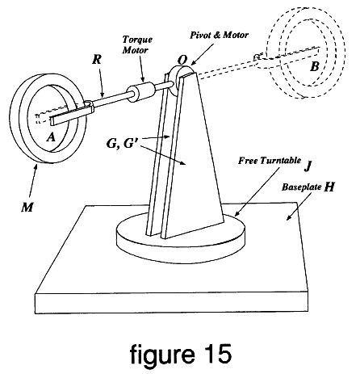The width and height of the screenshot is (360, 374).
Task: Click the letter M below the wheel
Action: point(27,208)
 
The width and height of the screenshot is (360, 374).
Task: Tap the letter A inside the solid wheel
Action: point(51,137)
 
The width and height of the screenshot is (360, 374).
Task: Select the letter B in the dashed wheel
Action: point(314,66)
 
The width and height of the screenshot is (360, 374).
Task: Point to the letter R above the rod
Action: point(97,60)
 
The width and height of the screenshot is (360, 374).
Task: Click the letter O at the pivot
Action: point(182,60)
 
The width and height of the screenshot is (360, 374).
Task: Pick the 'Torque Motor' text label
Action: point(137,45)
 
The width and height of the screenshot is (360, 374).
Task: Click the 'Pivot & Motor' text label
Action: point(219,35)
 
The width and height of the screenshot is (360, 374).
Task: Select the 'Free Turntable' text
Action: point(270,161)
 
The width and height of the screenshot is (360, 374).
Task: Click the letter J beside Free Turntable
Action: point(308,166)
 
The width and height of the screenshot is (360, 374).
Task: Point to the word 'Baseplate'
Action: point(302,187)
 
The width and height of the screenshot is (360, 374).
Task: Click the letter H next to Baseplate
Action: point(329,187)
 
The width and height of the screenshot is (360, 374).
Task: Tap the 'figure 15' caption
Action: point(181,354)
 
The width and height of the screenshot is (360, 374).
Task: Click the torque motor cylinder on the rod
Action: point(141,93)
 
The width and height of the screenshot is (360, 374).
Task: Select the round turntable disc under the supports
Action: point(181,242)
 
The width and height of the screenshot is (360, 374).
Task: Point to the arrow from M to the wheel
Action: point(32,182)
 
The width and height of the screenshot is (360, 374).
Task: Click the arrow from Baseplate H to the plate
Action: point(299,207)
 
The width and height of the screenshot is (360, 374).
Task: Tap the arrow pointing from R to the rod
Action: point(101,82)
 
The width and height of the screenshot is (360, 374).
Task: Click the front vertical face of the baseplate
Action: point(172,304)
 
